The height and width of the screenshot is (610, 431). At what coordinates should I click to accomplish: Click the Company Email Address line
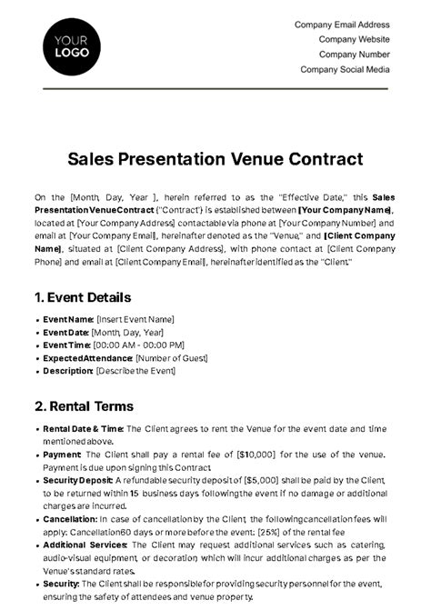coord(343,25)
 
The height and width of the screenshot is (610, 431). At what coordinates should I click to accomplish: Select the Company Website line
coord(354,39)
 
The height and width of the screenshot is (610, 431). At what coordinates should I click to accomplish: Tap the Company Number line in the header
coord(355,54)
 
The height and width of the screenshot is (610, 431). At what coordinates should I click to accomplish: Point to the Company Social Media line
coord(345,68)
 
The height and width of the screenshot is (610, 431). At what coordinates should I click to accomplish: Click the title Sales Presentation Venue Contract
coord(215,159)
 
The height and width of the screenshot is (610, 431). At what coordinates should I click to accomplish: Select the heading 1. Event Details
coord(83,297)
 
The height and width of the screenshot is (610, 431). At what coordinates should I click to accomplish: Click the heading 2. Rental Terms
coord(84,405)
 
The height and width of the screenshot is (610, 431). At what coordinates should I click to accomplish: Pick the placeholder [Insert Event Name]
coord(135,319)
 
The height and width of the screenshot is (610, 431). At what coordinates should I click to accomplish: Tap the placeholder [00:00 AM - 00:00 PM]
coord(140,345)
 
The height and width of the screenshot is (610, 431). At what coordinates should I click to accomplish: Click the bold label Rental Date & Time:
coord(82,427)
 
